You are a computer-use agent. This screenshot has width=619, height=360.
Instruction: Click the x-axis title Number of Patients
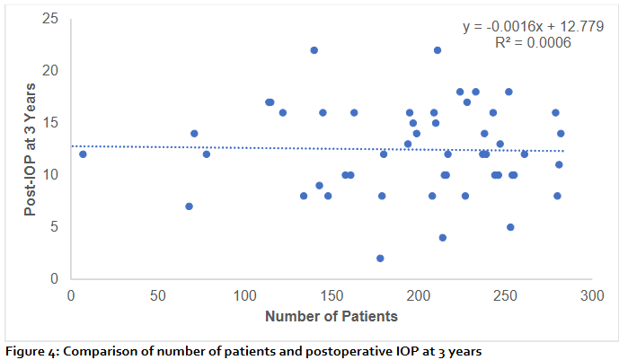331,316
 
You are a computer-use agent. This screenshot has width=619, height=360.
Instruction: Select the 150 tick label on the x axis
331,294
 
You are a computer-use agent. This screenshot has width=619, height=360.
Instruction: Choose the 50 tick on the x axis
157,294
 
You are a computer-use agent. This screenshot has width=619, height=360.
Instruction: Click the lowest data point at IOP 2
380,259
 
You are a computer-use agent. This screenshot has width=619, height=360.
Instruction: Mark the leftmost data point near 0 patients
83,154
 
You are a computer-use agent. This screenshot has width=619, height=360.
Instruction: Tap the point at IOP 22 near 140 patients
314,50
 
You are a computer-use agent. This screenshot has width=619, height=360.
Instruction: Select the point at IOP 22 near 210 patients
438,50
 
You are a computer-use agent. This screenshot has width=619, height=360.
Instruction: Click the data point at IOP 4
442,238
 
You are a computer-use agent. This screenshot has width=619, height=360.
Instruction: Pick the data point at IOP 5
510,227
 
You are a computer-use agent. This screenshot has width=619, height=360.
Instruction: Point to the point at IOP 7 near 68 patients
189,206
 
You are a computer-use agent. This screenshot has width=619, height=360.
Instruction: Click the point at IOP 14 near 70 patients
194,134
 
